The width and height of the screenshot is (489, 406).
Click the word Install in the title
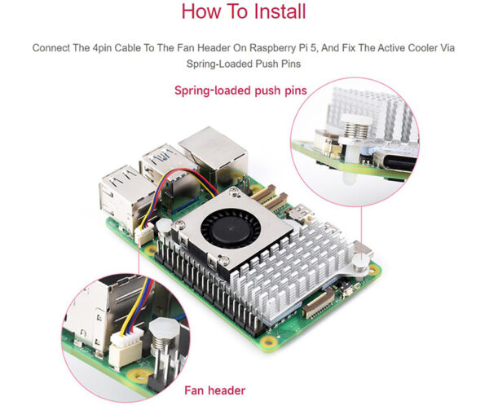click(x=280, y=11)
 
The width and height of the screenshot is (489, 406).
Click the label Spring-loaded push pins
click(x=240, y=90)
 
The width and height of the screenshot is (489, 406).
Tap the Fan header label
click(x=215, y=391)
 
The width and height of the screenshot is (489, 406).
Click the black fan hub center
click(x=231, y=228)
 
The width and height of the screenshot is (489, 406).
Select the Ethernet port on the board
click(x=214, y=155)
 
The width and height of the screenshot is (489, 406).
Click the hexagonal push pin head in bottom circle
click(x=164, y=328)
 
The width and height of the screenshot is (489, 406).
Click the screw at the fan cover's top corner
click(x=234, y=193)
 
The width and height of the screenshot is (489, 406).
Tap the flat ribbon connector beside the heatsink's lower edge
click(x=319, y=302)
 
